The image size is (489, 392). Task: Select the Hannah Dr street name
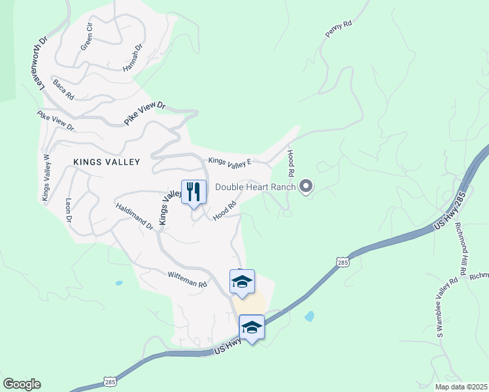133,58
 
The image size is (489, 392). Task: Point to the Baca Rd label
63,89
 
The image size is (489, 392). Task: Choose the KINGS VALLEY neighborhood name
107,161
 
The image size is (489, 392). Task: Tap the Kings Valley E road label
229,161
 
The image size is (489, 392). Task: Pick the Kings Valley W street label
46,178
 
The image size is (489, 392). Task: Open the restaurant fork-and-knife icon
194,191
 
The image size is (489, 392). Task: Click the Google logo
22,384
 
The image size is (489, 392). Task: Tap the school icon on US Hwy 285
252,327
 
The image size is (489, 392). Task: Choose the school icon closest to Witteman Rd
242,282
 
